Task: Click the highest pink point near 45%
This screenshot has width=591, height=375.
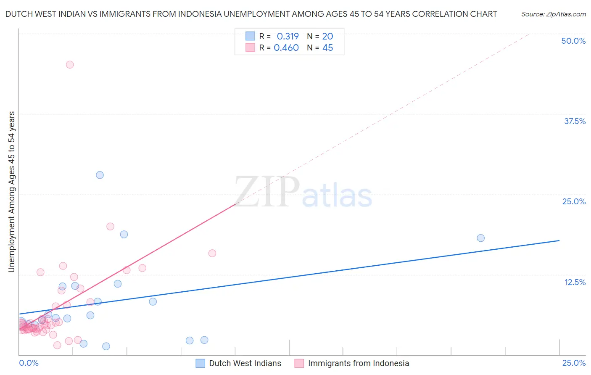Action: point(70,65)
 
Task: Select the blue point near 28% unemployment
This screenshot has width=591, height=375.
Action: point(100,175)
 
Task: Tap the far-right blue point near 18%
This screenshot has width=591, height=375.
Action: point(481,238)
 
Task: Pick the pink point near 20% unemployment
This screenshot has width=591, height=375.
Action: point(110,227)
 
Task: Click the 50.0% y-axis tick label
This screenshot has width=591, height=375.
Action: point(573,41)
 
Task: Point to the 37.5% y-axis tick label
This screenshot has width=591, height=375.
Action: point(575,121)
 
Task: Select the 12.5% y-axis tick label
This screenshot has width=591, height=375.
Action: point(575,282)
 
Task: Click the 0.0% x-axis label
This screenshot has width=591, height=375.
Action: point(29,363)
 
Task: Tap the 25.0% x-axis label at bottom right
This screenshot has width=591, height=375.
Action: point(574,363)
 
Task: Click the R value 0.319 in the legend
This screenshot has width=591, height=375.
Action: point(288,36)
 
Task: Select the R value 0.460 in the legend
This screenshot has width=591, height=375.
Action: point(286,48)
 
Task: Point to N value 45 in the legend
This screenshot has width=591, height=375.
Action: point(327,48)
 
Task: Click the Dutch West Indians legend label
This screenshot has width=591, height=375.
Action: point(245,363)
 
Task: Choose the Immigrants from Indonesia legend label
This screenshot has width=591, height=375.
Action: point(358,363)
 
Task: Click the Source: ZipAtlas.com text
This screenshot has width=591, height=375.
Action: point(553,14)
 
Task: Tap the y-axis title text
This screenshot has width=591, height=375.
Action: point(12,192)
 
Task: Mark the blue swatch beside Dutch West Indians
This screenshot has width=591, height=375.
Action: point(201,363)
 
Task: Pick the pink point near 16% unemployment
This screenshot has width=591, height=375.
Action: point(212,253)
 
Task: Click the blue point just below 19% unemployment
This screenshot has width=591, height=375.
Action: point(124,234)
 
